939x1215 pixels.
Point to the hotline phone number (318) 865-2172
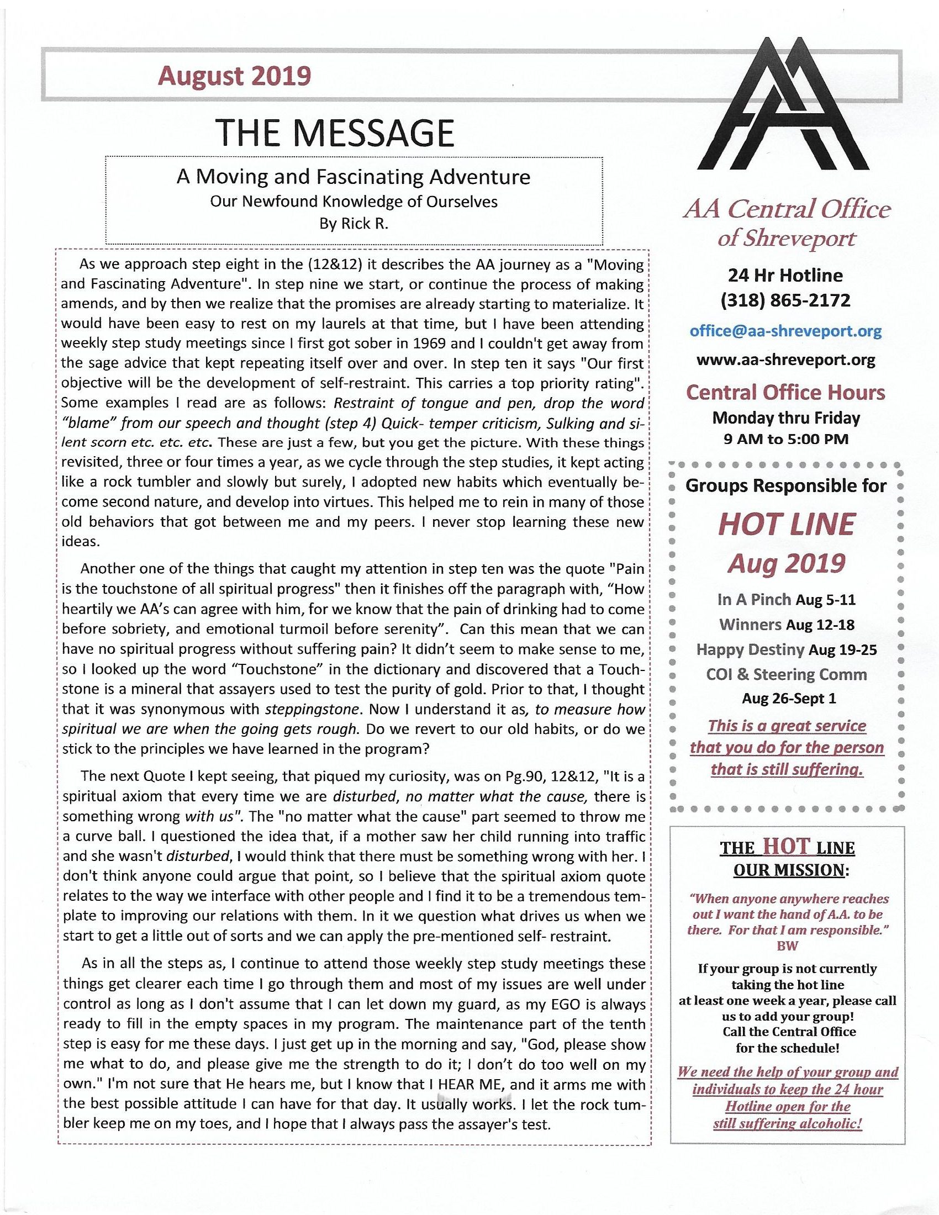[x=785, y=300]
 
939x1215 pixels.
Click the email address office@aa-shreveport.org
[x=785, y=331]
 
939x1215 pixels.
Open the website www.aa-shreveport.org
[x=785, y=360]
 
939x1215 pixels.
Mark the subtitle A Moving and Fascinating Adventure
[x=354, y=177]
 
